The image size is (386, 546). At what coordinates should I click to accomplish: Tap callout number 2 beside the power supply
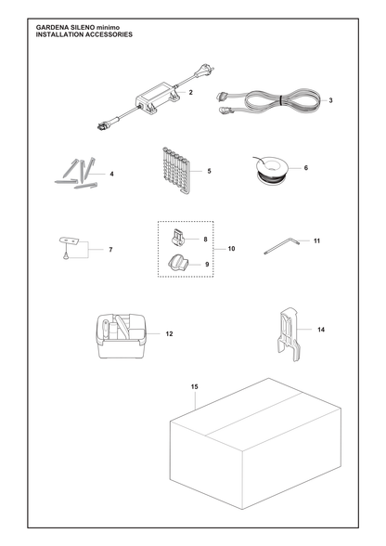[x=190, y=93]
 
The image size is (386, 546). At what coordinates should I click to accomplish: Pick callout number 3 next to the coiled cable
[x=330, y=100]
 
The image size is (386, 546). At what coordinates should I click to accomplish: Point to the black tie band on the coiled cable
[x=281, y=100]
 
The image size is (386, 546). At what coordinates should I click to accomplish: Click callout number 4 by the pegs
[x=111, y=174]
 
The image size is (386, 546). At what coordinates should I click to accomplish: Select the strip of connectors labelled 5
[x=176, y=171]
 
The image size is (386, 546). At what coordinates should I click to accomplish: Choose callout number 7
[x=110, y=250]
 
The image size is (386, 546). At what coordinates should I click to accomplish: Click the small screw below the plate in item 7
[x=65, y=256]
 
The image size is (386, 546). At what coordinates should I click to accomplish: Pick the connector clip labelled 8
[x=177, y=237]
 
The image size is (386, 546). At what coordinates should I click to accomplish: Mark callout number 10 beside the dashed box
[x=231, y=249]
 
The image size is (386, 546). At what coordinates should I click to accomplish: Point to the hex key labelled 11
[x=282, y=246]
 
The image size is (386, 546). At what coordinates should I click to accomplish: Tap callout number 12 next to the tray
[x=169, y=334]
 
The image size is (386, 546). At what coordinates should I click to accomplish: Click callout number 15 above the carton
[x=195, y=387]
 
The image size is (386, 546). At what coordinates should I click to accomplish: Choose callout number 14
[x=321, y=330]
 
